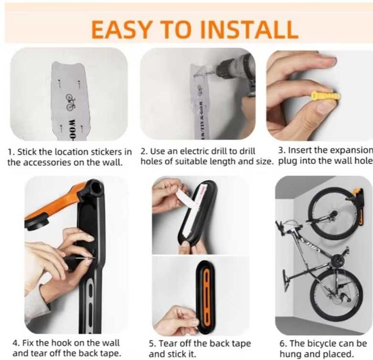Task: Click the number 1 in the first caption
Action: coord(10,152)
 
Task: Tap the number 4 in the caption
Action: coord(15,343)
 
